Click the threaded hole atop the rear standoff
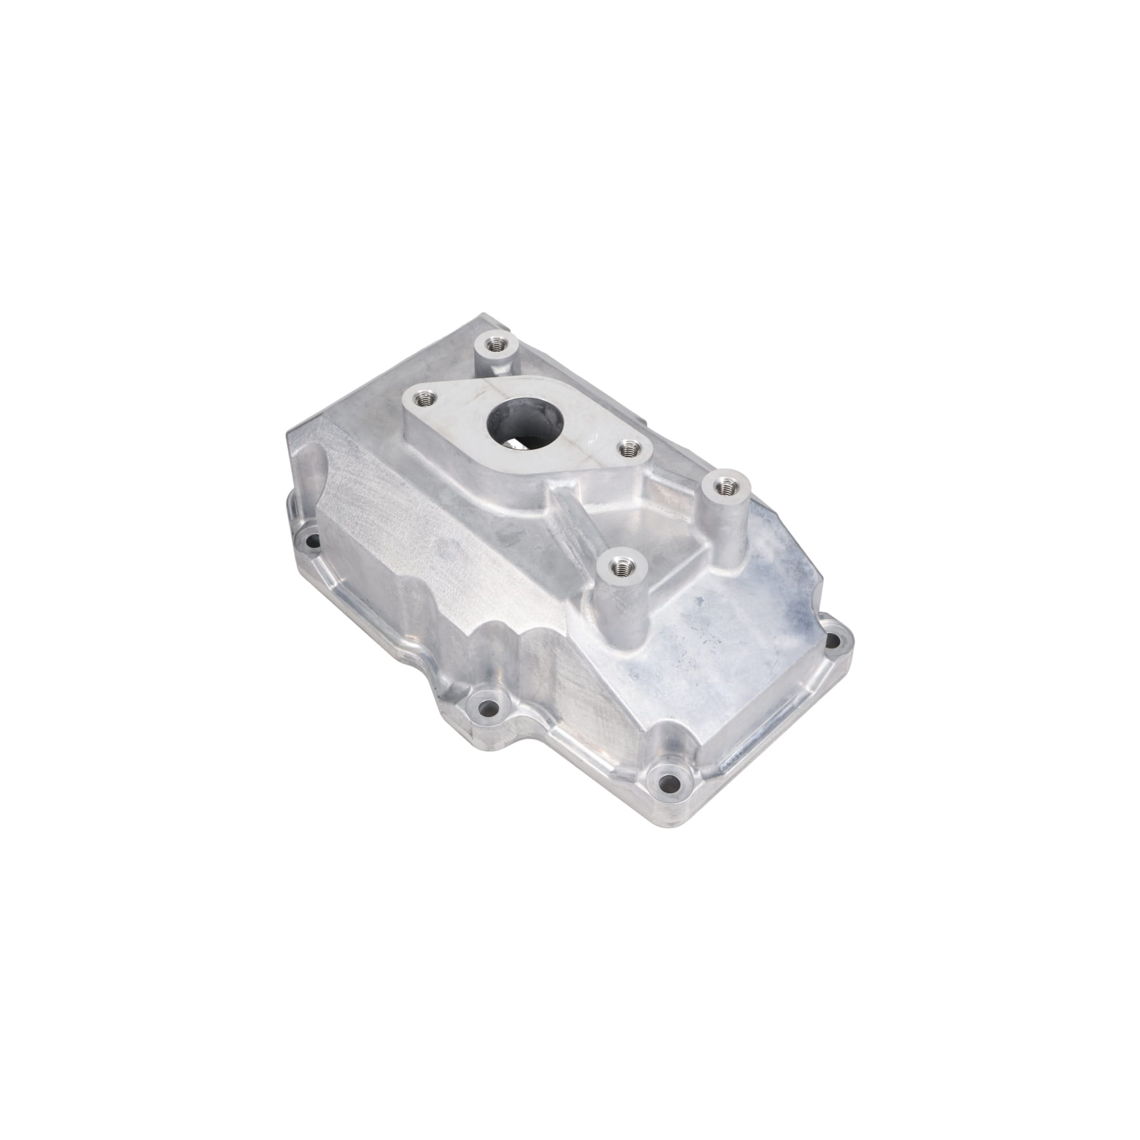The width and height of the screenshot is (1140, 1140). pos(494,343)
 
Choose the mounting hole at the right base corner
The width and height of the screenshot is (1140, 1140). pos(832,639)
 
